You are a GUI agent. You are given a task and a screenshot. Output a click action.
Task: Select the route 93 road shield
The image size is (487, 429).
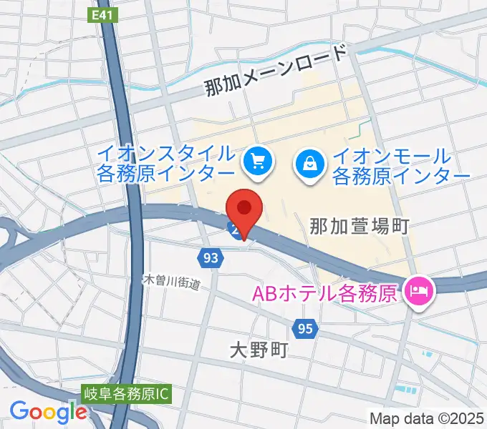tap(210, 259)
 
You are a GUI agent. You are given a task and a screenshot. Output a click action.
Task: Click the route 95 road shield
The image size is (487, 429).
tap(304, 328)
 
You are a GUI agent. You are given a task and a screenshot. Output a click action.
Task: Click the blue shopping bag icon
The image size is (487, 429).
tap(309, 167)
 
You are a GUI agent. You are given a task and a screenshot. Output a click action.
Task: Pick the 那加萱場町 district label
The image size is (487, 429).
tap(359, 227)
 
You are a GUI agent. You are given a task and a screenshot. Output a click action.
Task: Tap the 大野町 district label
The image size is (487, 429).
tap(259, 350)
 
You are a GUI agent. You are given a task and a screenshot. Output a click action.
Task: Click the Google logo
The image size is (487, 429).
tap(48, 411)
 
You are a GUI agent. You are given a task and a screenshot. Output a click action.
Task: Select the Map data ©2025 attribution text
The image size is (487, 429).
tap(426, 418)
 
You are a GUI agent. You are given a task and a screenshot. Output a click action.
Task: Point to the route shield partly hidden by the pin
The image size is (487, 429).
tap(233, 229)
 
